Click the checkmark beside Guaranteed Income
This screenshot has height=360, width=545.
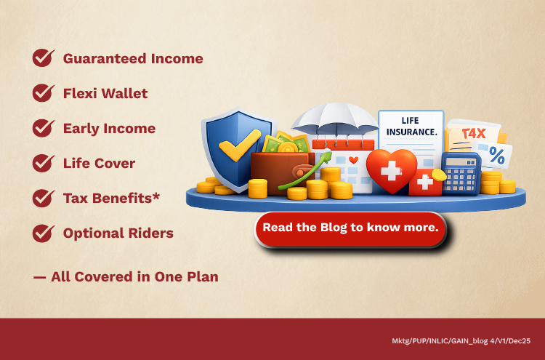click(44, 58)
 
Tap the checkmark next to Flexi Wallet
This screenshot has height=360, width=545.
click(44, 93)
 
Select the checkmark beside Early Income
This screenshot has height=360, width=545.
click(44, 128)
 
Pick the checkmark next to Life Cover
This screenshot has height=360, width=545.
click(44, 163)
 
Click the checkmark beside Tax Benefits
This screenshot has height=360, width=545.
click(44, 198)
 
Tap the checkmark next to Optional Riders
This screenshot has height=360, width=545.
click(44, 233)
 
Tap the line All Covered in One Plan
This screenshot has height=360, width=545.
click(125, 276)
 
